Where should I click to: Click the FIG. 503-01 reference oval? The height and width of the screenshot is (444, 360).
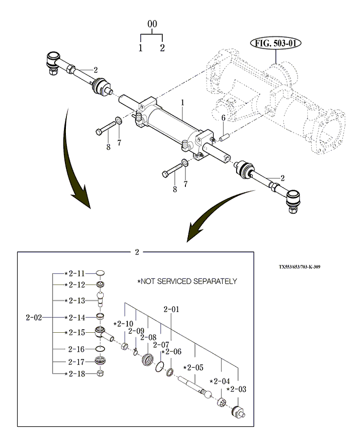(x=276, y=43)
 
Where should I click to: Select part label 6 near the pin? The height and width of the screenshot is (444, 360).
(x=223, y=118)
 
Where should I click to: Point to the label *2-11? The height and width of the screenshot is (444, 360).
(x=75, y=272)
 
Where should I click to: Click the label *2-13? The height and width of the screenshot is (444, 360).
(x=75, y=300)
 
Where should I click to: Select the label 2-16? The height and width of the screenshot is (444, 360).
(x=77, y=349)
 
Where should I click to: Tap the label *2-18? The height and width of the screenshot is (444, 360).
(x=75, y=374)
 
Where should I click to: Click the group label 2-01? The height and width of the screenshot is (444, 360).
(x=171, y=309)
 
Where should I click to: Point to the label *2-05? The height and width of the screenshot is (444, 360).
(x=193, y=367)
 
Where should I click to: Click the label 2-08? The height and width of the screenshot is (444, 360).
(x=148, y=338)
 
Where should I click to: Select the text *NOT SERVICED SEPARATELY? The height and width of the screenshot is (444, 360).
(x=187, y=281)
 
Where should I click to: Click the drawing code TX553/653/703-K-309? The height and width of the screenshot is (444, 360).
(x=300, y=267)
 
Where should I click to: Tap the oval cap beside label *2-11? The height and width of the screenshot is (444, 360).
(x=100, y=273)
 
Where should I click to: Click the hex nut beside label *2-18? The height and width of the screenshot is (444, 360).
(x=100, y=374)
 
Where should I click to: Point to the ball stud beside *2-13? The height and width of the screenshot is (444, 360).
(x=101, y=298)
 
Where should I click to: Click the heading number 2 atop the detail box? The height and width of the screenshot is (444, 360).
(x=137, y=252)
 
